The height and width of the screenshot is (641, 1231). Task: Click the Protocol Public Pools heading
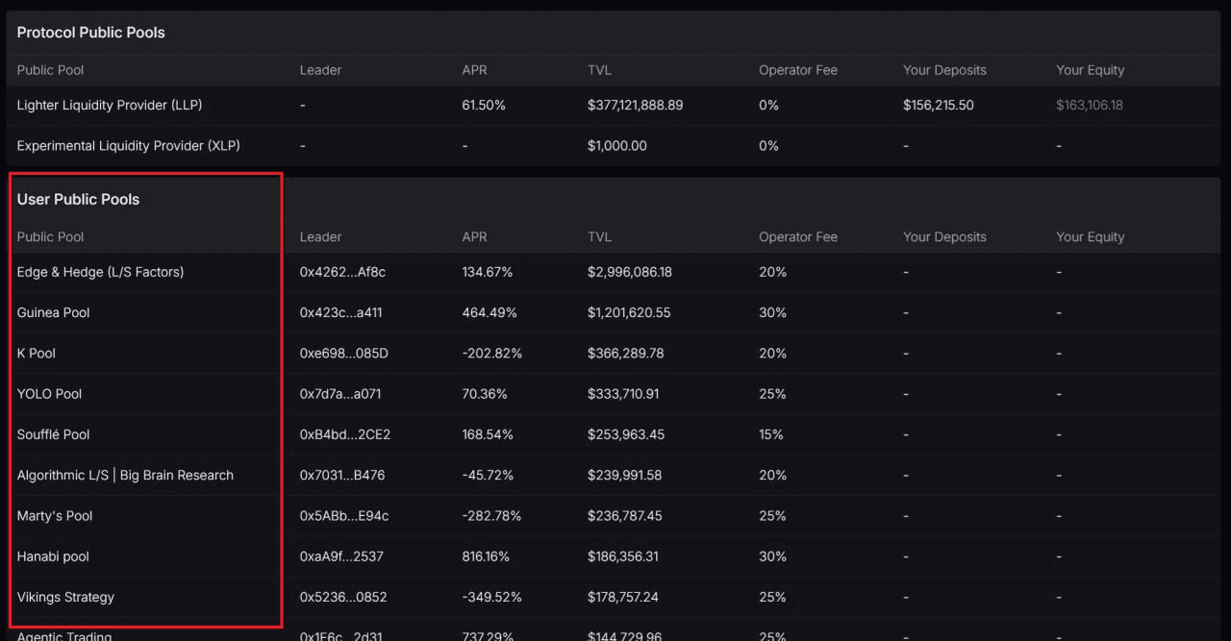click(90, 33)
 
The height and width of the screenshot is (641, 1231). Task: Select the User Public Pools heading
click(78, 200)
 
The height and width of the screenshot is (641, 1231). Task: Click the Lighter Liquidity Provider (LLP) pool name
click(110, 105)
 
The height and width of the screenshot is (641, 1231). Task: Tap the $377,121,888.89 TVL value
click(635, 105)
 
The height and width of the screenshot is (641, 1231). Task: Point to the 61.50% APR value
click(484, 105)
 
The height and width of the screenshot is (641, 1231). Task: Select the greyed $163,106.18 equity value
click(1089, 105)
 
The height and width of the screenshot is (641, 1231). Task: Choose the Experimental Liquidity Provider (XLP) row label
click(129, 146)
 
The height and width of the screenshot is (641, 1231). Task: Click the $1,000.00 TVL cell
click(616, 146)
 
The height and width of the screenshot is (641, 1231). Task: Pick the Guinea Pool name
click(54, 312)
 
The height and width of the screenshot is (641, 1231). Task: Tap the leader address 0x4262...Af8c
click(342, 272)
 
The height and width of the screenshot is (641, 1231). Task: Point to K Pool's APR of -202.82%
click(492, 354)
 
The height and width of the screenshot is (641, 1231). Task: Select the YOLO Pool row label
click(49, 394)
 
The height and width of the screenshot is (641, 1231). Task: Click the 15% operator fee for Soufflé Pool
click(771, 434)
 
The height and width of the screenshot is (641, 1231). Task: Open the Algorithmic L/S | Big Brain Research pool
click(125, 475)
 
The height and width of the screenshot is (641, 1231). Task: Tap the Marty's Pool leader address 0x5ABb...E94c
click(344, 516)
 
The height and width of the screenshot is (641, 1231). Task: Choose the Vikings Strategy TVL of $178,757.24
click(622, 597)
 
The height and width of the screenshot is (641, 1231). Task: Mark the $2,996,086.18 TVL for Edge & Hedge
click(629, 272)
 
